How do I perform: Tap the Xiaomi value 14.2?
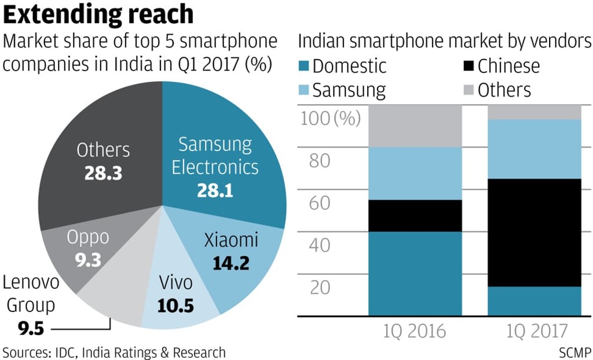coord(230,263)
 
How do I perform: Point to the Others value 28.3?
coord(103,173)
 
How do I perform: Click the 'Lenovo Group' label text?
coord(30,294)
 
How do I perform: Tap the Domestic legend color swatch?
coord(303,66)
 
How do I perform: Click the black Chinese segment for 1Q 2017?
coord(535,232)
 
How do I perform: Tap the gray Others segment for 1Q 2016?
coord(415,126)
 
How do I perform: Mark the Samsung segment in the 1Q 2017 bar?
coord(535,149)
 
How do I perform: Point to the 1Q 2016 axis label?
coord(415,331)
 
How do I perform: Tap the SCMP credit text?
coord(574,352)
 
